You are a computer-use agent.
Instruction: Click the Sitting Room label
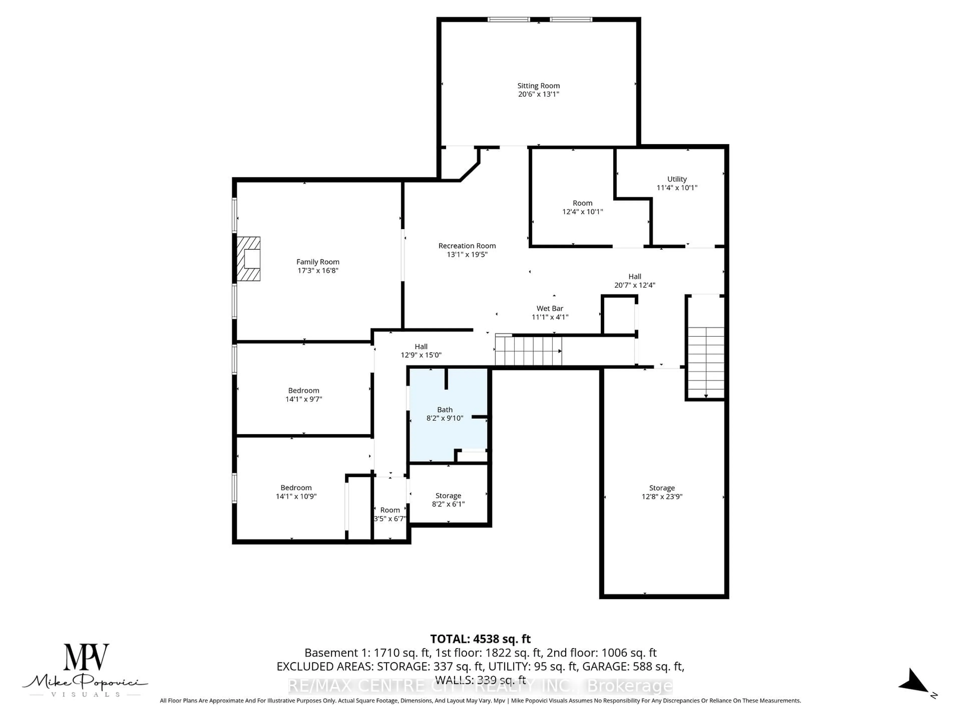[538, 86]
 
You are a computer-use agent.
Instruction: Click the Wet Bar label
[550, 308]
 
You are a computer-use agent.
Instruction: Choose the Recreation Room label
[467, 246]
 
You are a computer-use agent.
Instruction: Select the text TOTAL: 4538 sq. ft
[480, 639]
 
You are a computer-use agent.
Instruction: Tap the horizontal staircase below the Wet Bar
[528, 351]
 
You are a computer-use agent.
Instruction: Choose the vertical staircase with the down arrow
[705, 362]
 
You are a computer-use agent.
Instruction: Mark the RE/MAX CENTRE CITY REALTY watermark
[480, 686]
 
